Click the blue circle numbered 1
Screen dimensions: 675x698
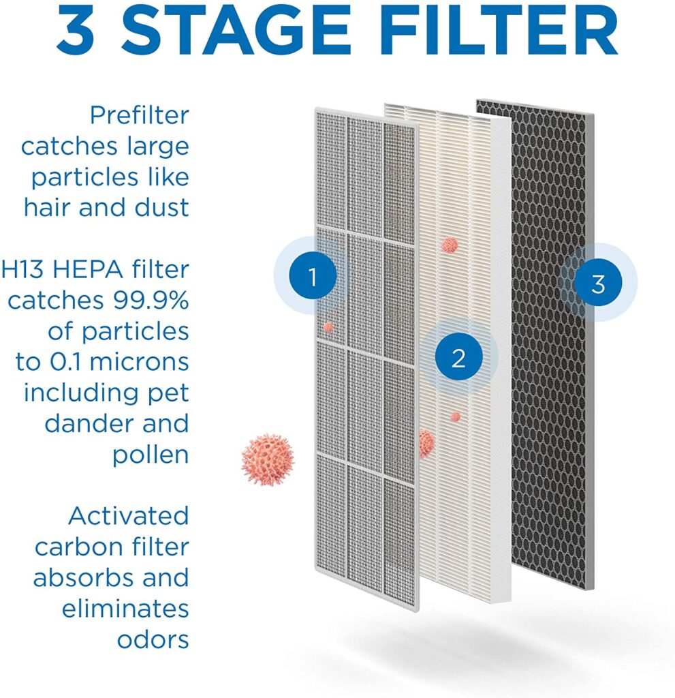point(313,276)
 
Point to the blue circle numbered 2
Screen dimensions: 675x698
point(459,357)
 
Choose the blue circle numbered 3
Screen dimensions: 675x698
point(598,283)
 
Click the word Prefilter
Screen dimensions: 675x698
point(140,115)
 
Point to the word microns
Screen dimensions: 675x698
point(139,362)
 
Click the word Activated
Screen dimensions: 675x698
point(129,517)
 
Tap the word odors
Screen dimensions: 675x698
point(153,639)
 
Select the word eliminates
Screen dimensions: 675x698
point(125,609)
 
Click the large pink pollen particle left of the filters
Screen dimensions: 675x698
point(268,459)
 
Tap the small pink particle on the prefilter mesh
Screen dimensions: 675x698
point(329,328)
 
